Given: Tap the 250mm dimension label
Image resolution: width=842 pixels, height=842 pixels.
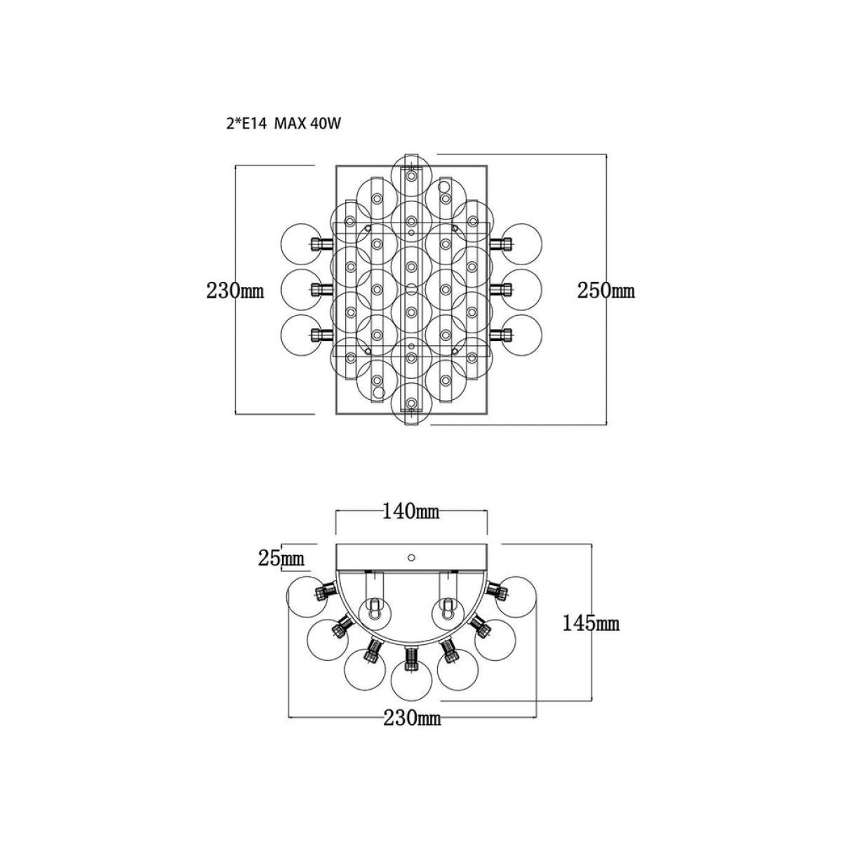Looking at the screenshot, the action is pyautogui.click(x=606, y=290).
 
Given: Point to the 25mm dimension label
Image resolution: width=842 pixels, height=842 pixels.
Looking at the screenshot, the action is pyautogui.click(x=281, y=558).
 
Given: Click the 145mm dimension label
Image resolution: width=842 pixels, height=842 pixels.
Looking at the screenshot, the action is pyautogui.click(x=591, y=623).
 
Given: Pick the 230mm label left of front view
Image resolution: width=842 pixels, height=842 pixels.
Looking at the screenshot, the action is pyautogui.click(x=235, y=290).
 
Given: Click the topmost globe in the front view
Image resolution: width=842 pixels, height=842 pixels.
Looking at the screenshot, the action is pyautogui.click(x=411, y=174).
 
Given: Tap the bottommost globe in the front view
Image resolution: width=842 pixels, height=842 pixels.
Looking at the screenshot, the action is pyautogui.click(x=411, y=403).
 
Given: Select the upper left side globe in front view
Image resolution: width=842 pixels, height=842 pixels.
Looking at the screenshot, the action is pyautogui.click(x=300, y=243).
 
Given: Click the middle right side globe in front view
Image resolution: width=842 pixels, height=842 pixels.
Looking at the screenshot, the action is pyautogui.click(x=522, y=289).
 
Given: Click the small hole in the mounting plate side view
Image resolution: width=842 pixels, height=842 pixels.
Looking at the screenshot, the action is pyautogui.click(x=410, y=557).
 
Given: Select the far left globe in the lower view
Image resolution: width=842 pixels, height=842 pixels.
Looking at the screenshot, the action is pyautogui.click(x=307, y=596).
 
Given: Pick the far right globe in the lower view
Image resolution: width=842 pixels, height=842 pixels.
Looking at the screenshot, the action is pyautogui.click(x=516, y=596).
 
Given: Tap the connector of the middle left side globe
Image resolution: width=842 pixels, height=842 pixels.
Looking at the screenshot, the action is pyautogui.click(x=321, y=289).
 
